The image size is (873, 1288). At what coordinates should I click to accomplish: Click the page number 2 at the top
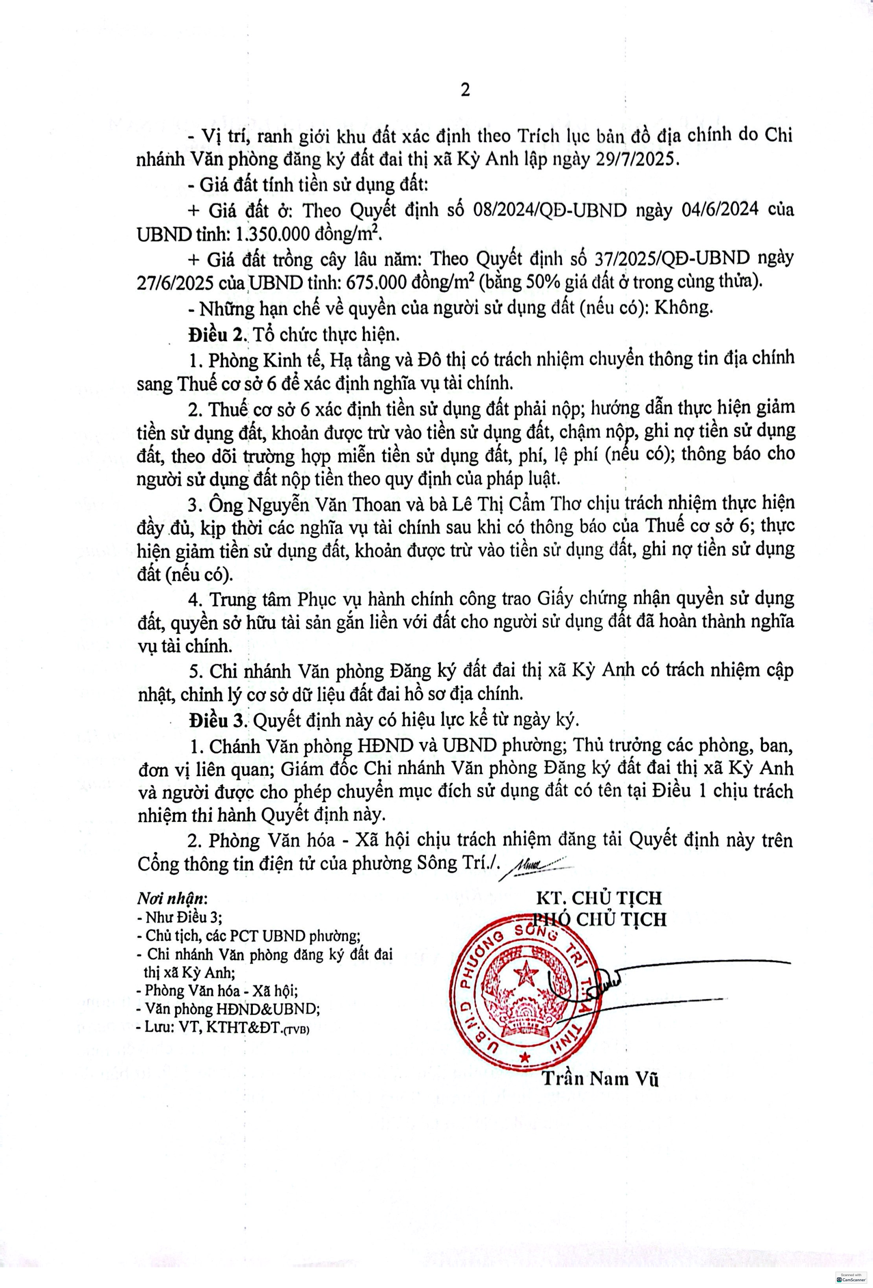465,90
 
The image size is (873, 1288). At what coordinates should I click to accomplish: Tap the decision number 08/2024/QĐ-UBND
550,210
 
